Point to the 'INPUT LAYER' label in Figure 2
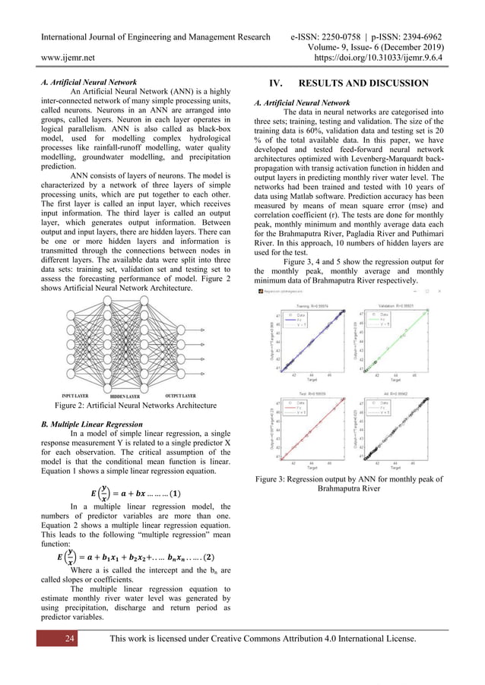click(x=78, y=396)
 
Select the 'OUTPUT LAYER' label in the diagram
click(x=180, y=396)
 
